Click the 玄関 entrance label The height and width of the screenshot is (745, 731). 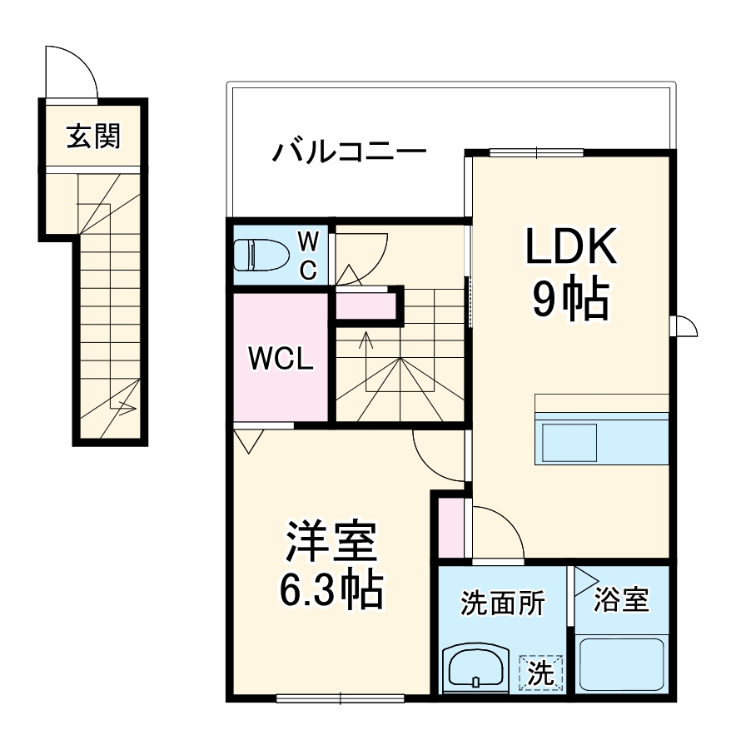tap(93, 136)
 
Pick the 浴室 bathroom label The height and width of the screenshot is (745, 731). tap(621, 599)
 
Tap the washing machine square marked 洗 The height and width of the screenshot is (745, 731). tap(541, 672)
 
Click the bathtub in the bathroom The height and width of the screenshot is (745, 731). tap(622, 663)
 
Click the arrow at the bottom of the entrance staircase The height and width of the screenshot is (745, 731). tap(127, 408)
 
